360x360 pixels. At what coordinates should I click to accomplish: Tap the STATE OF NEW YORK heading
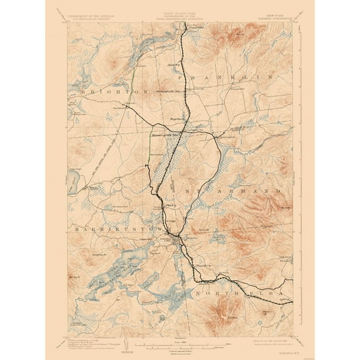[179, 11]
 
